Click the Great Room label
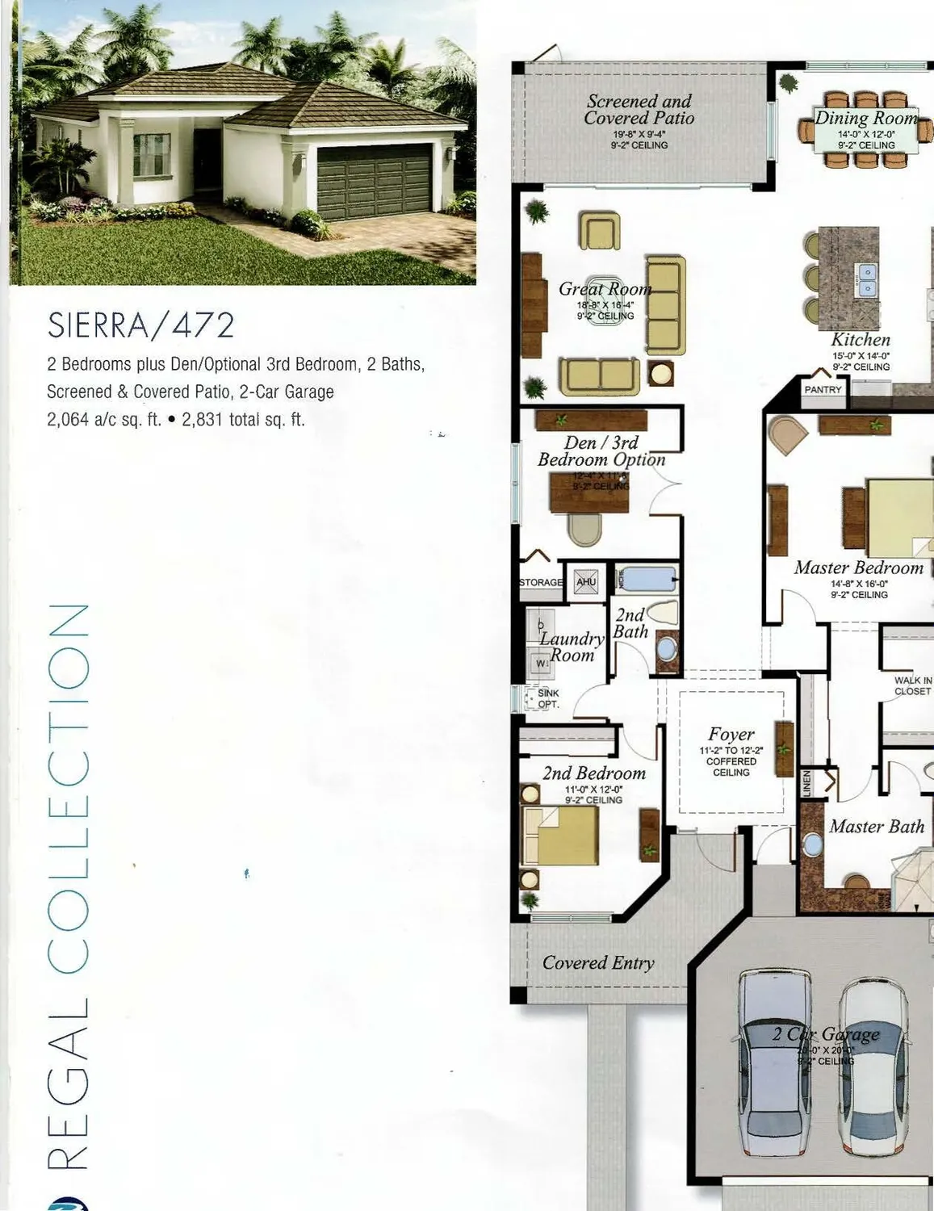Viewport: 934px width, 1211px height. click(605, 289)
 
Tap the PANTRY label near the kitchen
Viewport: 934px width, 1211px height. click(823, 389)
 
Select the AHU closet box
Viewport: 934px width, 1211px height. click(586, 582)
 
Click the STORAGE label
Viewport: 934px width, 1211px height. click(540, 582)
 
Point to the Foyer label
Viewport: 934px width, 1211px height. click(731, 734)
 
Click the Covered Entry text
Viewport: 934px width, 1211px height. click(598, 962)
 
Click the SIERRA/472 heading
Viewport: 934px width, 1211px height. click(141, 325)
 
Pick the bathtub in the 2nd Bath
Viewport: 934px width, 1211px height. click(646, 580)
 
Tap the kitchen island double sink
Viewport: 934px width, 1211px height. click(866, 279)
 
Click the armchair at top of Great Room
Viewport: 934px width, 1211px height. click(599, 232)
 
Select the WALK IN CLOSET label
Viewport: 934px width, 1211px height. click(912, 685)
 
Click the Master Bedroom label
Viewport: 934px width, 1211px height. click(858, 568)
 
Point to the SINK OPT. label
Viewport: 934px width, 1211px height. click(548, 698)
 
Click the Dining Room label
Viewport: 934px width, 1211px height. click(866, 118)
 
